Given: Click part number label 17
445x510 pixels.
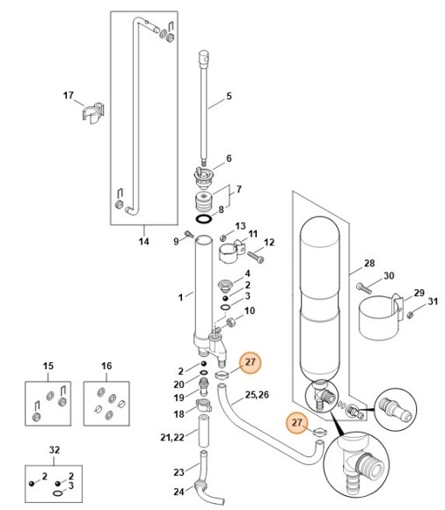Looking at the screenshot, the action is click(x=69, y=96).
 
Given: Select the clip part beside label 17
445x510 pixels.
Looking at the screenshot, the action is click(x=93, y=113).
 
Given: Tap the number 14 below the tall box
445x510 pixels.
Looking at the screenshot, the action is click(x=143, y=242).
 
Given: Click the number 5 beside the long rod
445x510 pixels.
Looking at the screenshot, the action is click(x=229, y=96).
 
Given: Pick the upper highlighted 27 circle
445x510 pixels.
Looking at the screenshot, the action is click(x=250, y=362).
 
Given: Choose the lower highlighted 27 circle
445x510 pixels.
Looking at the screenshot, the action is click(x=297, y=422).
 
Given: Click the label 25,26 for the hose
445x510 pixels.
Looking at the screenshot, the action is click(x=257, y=395).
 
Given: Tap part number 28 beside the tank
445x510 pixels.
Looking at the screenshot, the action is click(x=369, y=263).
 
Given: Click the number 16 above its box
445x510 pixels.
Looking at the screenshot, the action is click(x=106, y=366).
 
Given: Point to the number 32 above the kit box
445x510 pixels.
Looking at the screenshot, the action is click(x=55, y=450).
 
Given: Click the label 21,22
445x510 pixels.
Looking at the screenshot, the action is click(x=172, y=438).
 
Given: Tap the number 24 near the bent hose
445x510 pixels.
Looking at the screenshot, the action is click(x=179, y=492).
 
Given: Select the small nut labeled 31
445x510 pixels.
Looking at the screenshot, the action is click(x=410, y=314).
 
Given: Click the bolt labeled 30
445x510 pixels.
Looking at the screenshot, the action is click(x=364, y=288).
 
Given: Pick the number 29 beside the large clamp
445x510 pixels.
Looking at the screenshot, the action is click(x=419, y=293).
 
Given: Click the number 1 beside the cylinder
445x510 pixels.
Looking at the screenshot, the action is click(x=180, y=297).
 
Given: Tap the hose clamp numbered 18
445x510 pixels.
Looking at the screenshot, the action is click(x=204, y=405).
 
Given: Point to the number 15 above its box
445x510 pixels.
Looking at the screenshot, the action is click(x=48, y=366).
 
